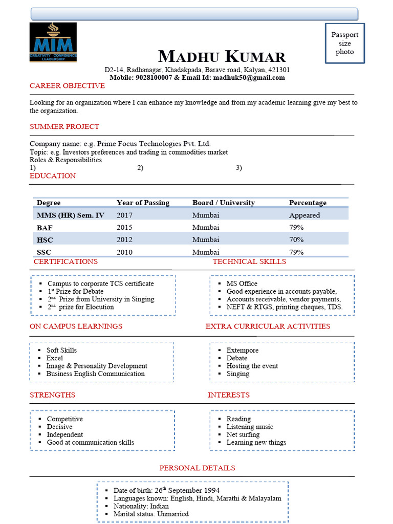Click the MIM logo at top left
click(x=53, y=42)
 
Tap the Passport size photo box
click(x=345, y=43)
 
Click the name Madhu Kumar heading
click(x=222, y=56)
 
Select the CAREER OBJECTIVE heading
click(x=67, y=86)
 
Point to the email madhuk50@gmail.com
click(x=249, y=78)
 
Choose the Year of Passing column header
click(x=143, y=203)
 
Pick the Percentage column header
click(x=308, y=203)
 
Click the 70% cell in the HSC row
click(x=296, y=239)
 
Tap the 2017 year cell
click(x=124, y=215)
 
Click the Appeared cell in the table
click(x=304, y=215)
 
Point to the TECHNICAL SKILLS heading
click(x=249, y=261)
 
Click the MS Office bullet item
click(x=242, y=283)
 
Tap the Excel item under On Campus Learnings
click(x=55, y=358)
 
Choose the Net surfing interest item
click(x=243, y=434)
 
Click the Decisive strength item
click(x=60, y=427)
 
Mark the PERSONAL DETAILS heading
click(x=197, y=468)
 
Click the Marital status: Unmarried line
click(x=151, y=514)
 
